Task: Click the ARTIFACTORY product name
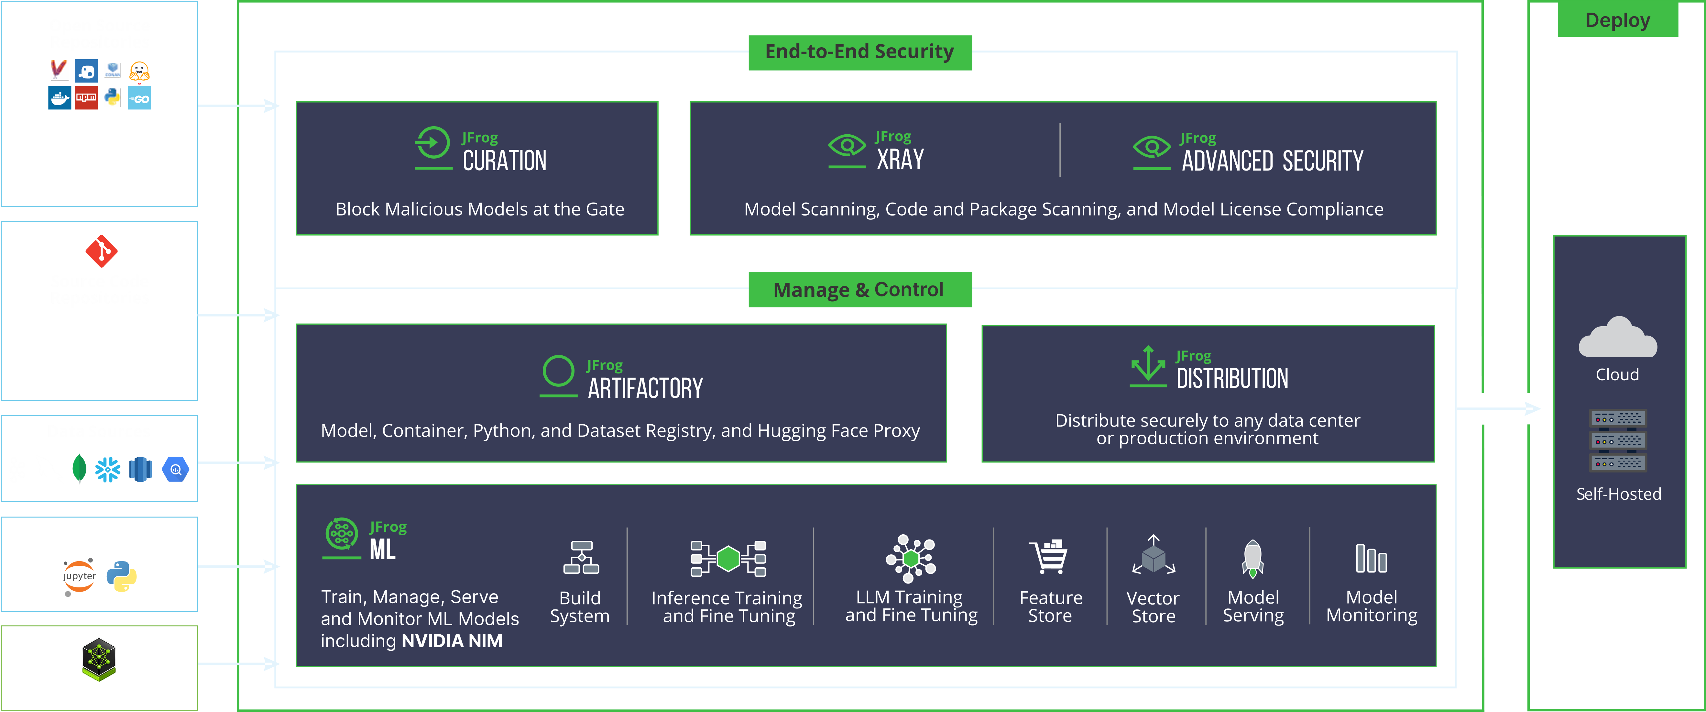coord(645,388)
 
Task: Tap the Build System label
coord(579,607)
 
